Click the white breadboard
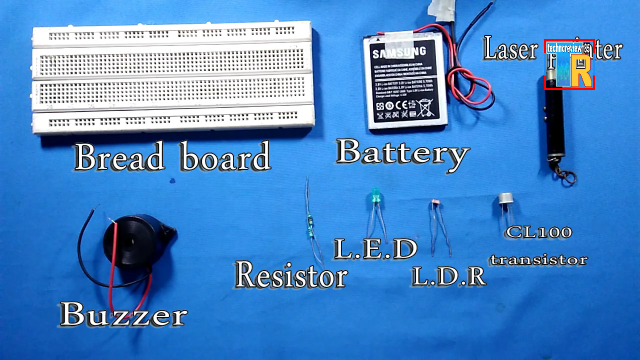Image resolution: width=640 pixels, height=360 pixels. click(172, 77)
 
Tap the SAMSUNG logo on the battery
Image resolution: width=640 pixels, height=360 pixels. click(398, 52)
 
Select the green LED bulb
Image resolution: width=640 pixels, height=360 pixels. click(374, 195)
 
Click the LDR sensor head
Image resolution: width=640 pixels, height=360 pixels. click(434, 203)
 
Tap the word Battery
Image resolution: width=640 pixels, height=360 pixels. click(402, 152)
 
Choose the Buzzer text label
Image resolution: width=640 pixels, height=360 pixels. click(123, 314)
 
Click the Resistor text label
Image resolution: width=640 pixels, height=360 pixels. click(291, 275)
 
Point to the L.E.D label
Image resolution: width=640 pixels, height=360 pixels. click(375, 248)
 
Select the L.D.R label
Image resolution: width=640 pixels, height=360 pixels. click(448, 276)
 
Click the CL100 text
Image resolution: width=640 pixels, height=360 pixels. click(538, 232)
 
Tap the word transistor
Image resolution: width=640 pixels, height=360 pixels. click(538, 259)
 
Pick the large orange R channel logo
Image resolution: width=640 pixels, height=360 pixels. click(580, 70)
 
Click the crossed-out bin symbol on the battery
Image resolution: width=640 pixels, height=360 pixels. click(425, 107)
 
